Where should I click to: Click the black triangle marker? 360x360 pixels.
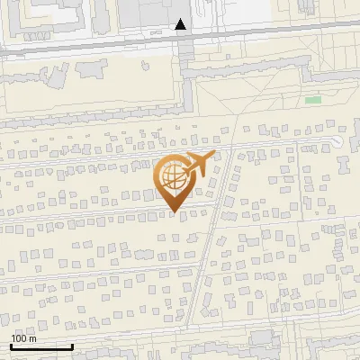tap(181, 24)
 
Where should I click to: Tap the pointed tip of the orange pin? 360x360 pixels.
tap(174, 212)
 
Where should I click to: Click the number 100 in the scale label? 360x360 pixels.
tap(18, 338)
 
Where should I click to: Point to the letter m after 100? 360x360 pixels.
tap(31, 338)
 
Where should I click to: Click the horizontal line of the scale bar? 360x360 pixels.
tap(41, 346)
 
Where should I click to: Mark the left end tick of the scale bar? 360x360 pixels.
tap(11, 346)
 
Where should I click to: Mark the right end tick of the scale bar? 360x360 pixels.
tap(73, 346)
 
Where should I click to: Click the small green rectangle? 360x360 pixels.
tap(313, 99)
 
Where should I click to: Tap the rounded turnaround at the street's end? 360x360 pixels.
tap(336, 141)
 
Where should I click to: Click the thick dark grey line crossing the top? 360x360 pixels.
tap(90, 42)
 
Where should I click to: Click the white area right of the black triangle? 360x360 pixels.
tap(234, 13)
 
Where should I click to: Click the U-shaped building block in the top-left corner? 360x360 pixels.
tap(36, 13)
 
